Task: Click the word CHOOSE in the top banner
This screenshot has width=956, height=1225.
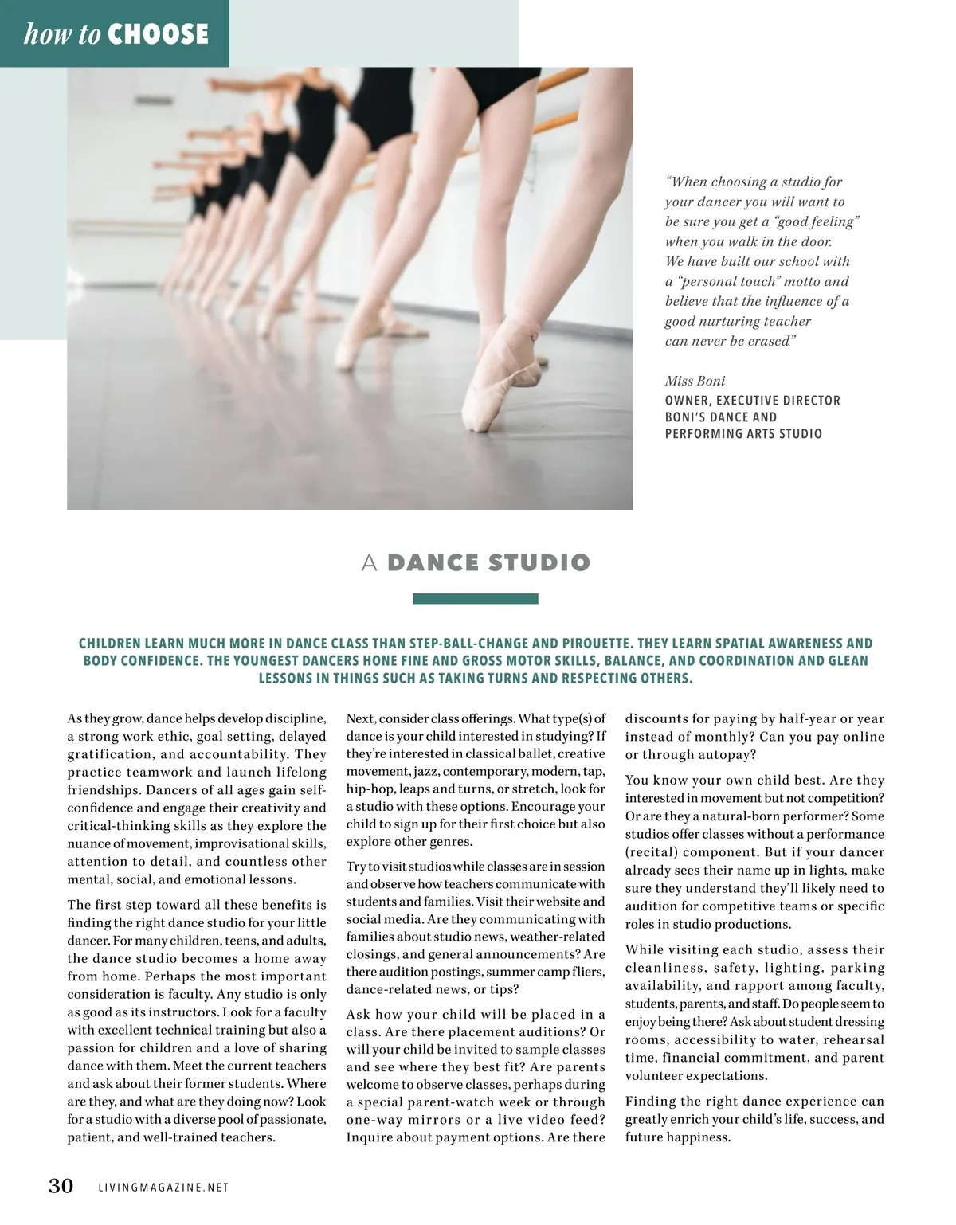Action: coord(158,33)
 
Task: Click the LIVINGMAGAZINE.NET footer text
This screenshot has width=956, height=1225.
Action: coord(163,1188)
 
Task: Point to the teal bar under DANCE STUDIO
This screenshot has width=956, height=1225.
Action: coord(476,599)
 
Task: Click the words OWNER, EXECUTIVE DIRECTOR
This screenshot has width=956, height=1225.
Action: coord(752,401)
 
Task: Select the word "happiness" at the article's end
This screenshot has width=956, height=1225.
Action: coord(700,1137)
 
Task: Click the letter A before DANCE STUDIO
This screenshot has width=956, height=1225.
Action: coord(368,563)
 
